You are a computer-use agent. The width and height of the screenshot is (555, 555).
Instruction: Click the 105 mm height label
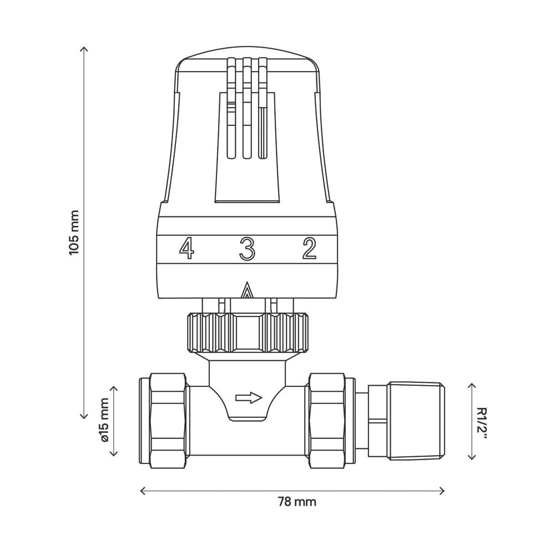[74, 232]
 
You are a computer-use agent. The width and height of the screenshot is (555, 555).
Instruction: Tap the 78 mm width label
[296, 502]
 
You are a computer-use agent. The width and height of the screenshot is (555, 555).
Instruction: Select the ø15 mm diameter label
[105, 420]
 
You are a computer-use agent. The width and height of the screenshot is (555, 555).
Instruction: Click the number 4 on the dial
[186, 248]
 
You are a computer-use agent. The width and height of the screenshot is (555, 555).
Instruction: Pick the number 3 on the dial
[247, 248]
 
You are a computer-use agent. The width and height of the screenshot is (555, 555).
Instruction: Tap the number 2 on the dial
[309, 248]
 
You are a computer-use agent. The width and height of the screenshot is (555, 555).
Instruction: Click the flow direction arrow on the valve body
[249, 397]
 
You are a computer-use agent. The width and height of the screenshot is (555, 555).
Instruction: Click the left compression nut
[168, 421]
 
